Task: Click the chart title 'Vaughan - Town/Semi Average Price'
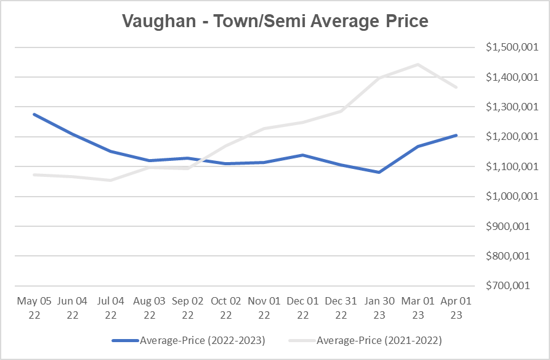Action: pos(275,21)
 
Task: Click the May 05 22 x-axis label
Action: pos(34,308)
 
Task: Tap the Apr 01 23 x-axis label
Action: pos(456,308)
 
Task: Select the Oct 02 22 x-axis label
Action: pos(226,308)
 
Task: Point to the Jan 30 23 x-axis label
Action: pos(379,308)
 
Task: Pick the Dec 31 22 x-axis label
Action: pos(341,308)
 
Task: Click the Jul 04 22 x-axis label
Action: pos(111,308)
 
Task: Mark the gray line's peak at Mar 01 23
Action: pos(418,64)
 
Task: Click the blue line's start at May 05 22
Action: pos(34,114)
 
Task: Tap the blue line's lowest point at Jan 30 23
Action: pos(379,172)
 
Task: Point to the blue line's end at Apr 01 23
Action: pos(456,135)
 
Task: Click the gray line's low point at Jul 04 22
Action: pos(111,180)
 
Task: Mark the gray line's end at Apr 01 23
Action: pos(456,87)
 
